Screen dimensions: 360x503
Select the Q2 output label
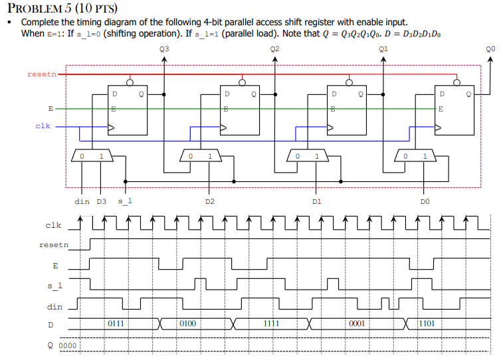(275, 48)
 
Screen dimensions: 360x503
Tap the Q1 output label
(383, 48)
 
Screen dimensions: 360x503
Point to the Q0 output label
(490, 48)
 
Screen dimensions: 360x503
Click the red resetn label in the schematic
(42, 74)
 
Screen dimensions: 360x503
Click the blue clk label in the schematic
(43, 125)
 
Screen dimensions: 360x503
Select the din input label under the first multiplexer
(82, 200)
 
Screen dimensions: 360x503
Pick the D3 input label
(101, 200)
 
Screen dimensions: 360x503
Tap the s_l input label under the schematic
(124, 200)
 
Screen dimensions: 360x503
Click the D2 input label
(209, 200)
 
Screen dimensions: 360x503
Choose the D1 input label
(317, 200)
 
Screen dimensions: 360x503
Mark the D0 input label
(425, 200)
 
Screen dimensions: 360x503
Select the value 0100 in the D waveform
(188, 324)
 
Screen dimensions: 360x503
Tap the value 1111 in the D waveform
(270, 324)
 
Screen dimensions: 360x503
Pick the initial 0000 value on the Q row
(68, 346)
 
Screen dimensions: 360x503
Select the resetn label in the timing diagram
(53, 245)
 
